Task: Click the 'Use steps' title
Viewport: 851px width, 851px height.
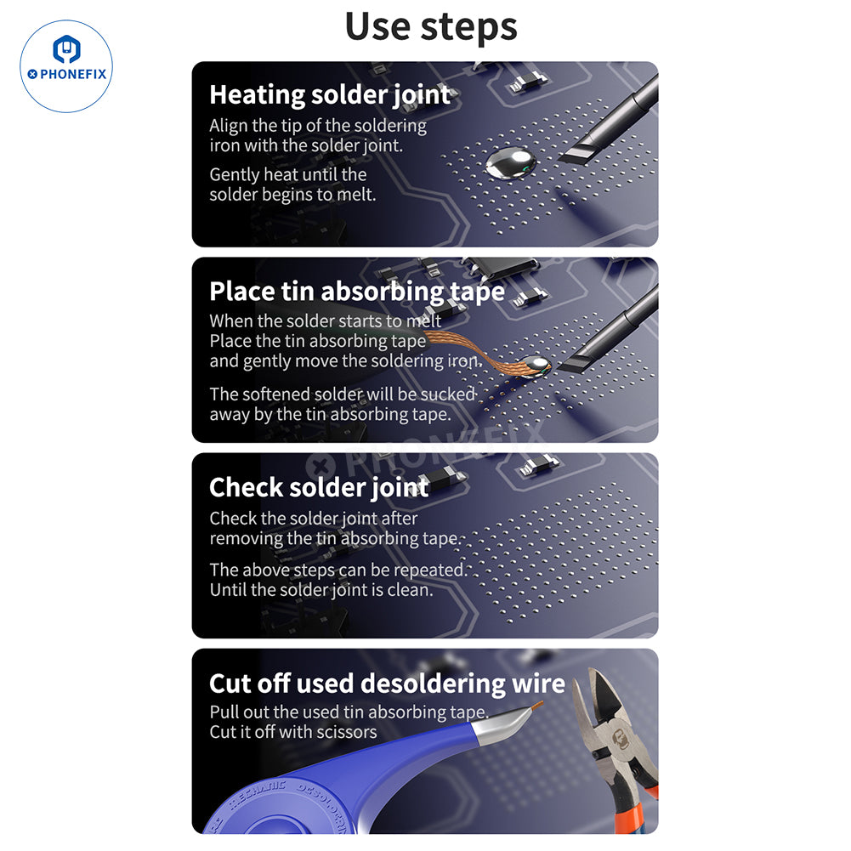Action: click(431, 27)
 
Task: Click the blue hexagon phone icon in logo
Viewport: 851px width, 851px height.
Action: click(67, 48)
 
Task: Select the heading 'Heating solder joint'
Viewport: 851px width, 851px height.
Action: click(330, 94)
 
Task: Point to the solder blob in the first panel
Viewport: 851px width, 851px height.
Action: click(510, 162)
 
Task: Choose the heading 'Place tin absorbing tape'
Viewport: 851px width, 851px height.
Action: click(357, 292)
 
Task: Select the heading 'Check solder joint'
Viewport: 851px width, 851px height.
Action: click(319, 487)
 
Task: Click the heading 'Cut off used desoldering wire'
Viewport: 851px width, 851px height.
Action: click(387, 684)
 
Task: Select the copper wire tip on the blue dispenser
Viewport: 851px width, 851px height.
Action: click(536, 706)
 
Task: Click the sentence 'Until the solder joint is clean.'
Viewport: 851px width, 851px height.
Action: click(321, 590)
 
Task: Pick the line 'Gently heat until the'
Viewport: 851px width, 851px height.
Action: click(287, 175)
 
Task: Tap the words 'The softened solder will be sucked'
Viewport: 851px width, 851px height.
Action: click(343, 394)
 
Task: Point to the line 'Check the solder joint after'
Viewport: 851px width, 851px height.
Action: click(314, 519)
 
